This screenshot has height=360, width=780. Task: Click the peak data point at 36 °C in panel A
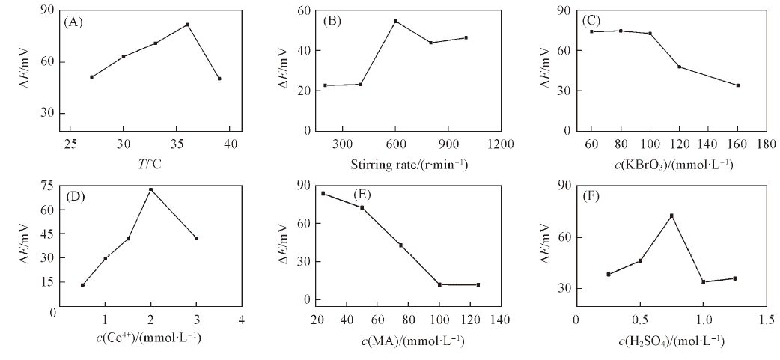point(187,25)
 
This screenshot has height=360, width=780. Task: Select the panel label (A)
point(73,21)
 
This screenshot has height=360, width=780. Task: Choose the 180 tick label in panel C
point(767,144)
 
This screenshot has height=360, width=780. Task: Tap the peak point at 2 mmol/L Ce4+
point(150,189)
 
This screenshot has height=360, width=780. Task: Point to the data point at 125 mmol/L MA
point(478,285)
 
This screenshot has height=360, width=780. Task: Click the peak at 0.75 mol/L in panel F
point(671,216)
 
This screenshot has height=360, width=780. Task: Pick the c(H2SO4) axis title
point(671,341)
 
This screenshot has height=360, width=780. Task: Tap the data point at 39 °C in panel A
point(219,79)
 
